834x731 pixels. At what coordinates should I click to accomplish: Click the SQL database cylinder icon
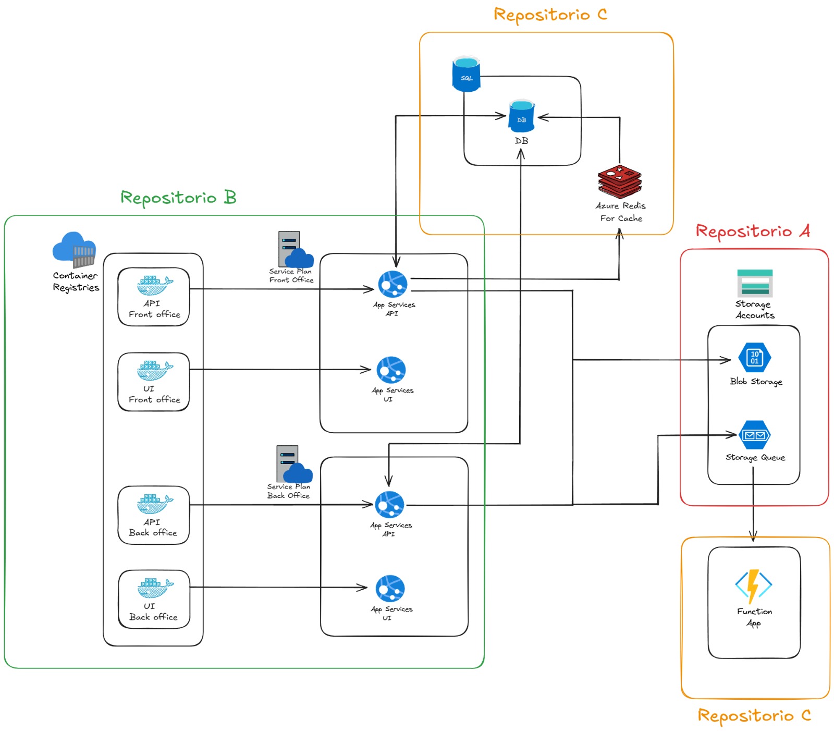(465, 75)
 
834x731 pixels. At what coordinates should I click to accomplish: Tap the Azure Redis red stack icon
(619, 182)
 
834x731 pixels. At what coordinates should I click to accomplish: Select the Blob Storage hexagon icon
(754, 358)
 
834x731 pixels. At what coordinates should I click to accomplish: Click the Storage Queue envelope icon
(754, 435)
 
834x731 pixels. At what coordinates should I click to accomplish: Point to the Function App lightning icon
(753, 586)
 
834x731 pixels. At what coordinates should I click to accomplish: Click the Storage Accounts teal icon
(754, 283)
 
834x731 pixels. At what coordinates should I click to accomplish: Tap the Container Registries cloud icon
(74, 249)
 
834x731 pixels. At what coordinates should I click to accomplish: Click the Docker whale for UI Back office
(155, 588)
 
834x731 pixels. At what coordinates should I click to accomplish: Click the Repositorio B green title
(178, 198)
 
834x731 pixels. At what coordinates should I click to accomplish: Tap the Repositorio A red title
(752, 231)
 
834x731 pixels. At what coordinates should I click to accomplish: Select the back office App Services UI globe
(390, 589)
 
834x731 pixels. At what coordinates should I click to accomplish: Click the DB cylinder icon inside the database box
(521, 116)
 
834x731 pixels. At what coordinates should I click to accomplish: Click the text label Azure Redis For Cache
(620, 212)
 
